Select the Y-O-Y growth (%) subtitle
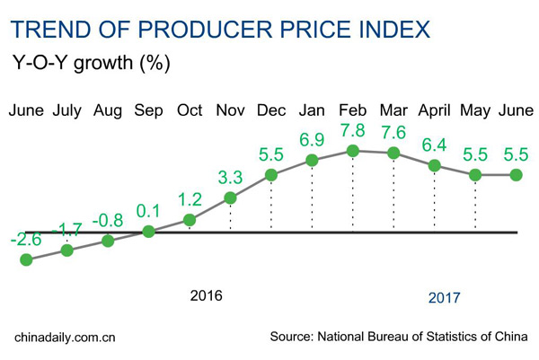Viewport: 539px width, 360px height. [85, 65]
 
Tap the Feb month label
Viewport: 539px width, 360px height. [352, 111]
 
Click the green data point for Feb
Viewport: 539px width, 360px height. [353, 151]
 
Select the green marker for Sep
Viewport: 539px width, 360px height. [149, 231]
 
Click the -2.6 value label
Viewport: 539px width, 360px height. [25, 240]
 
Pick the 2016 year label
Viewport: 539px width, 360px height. [206, 295]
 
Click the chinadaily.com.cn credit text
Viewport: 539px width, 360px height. [66, 338]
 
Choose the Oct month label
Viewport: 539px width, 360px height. [190, 111]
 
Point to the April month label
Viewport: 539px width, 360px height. [434, 111]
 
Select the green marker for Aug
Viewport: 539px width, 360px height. [108, 241]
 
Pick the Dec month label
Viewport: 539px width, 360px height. [270, 111]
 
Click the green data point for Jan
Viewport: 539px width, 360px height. [312, 161]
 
